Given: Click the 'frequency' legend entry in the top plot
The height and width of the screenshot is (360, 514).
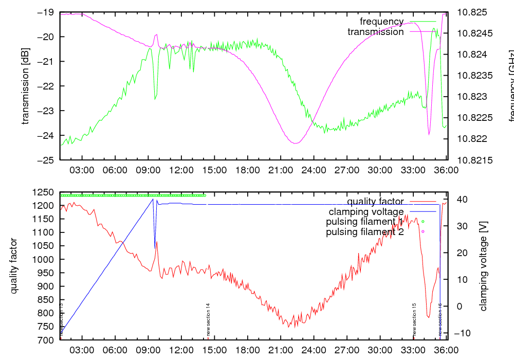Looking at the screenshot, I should pos(381,22).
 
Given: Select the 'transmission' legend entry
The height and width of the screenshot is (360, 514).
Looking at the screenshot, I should pos(375,32).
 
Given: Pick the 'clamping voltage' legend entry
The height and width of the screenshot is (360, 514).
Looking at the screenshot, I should pos(366,212).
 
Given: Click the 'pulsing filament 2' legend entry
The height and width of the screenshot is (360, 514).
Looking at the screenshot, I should pos(365,232).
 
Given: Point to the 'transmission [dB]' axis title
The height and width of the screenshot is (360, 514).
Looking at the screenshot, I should pos(25,86).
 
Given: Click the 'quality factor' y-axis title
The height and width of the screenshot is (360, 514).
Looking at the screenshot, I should pos(14,266).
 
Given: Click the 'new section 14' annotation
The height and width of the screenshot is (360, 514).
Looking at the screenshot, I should pos(208,319).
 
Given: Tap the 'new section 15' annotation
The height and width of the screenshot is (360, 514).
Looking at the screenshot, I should pos(414,319).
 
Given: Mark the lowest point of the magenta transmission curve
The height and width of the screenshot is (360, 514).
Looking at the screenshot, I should pos(295,142).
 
